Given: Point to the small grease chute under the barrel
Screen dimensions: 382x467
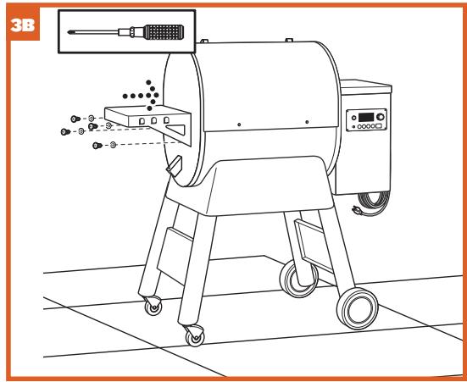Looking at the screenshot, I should (175, 165).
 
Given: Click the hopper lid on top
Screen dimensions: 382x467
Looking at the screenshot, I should (364, 85).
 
